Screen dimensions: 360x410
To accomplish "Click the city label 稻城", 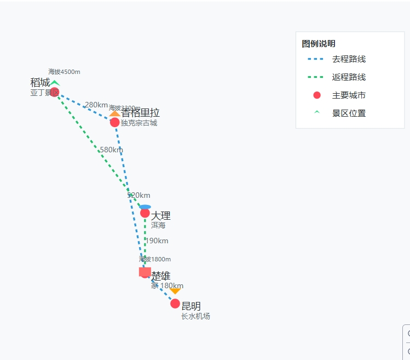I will (x=40, y=83).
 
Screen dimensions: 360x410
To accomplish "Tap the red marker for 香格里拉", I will (x=114, y=122).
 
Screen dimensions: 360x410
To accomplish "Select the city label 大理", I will (x=161, y=215).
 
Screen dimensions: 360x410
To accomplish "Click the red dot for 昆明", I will (x=175, y=304).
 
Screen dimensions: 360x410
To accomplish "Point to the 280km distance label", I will (x=96, y=105).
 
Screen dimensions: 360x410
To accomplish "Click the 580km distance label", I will (x=111, y=150).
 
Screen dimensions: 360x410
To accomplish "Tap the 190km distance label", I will (x=157, y=241).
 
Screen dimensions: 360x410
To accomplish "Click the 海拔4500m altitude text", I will (x=64, y=72).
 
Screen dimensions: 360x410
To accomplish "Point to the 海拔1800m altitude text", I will (x=155, y=259).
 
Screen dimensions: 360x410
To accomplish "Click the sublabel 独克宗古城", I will (x=139, y=123).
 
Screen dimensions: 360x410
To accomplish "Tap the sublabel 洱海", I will (x=158, y=225).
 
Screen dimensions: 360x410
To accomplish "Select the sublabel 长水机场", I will (x=195, y=316).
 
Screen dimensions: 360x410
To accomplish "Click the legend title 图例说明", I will (x=319, y=44).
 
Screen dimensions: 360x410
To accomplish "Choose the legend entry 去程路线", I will (x=349, y=59).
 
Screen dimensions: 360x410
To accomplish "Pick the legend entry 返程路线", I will (x=349, y=77).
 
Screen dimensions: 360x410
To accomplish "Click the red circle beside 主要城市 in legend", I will (x=316, y=95).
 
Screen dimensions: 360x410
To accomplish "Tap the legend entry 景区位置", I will (x=349, y=113).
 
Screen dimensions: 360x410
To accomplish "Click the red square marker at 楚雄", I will (x=145, y=271).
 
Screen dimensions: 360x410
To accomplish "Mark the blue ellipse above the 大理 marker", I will (x=145, y=207).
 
